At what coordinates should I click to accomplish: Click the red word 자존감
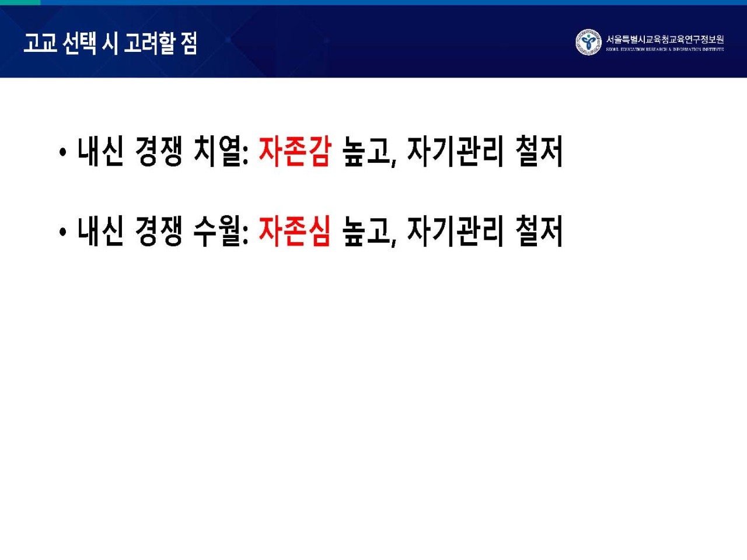294,151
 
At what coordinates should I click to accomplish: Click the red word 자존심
294,230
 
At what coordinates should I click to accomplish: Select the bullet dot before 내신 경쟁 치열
62,153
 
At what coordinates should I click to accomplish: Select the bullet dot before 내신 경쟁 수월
62,232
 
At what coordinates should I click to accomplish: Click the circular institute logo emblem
588,43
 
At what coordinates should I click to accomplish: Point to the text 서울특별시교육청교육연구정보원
665,40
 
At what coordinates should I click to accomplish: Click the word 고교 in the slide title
40,43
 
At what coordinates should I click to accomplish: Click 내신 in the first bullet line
100,151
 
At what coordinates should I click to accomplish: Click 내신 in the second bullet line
100,230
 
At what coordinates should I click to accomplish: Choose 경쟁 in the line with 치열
158,151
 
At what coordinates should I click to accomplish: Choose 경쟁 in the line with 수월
158,230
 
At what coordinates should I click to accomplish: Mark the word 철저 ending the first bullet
539,151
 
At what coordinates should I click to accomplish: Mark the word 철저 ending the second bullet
539,230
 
